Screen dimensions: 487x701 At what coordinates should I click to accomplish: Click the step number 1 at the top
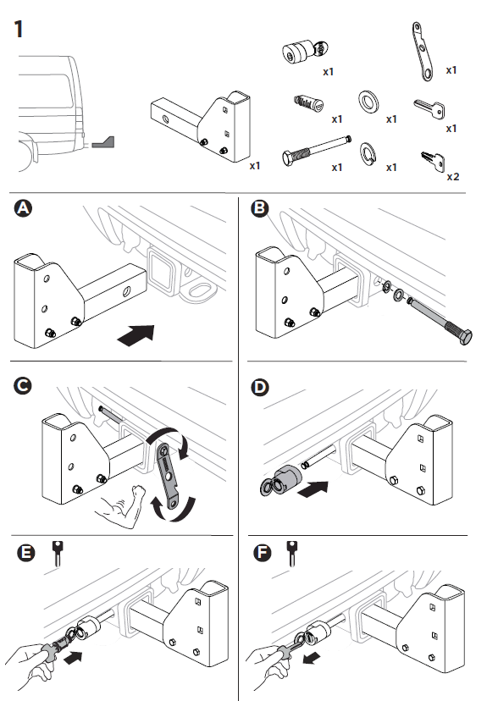tap(19, 30)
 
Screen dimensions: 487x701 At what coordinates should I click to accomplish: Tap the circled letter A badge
tap(23, 208)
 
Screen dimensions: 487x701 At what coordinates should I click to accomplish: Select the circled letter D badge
tap(260, 387)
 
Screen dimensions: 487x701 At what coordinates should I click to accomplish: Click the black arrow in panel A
tap(136, 335)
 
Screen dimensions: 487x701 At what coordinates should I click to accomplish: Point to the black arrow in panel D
tap(313, 489)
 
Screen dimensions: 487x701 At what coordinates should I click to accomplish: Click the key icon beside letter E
tap(58, 553)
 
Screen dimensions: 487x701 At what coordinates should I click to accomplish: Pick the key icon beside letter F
tap(292, 553)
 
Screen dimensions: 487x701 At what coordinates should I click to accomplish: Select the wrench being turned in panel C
tap(169, 475)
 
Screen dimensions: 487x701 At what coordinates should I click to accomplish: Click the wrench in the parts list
tap(423, 52)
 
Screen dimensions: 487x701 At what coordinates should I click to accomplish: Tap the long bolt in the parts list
tap(317, 151)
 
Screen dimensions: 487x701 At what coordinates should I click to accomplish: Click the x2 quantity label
tap(453, 177)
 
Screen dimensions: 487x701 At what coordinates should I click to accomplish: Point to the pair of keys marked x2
tap(433, 161)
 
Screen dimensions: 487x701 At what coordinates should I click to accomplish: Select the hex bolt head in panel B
tap(465, 337)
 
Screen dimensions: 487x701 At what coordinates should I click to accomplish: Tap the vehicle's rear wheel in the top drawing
tap(25, 156)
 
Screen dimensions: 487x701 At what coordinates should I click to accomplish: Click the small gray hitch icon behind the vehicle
tap(103, 142)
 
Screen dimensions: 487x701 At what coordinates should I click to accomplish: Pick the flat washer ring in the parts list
tap(368, 102)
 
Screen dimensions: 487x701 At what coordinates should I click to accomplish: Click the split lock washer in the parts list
tap(368, 153)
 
